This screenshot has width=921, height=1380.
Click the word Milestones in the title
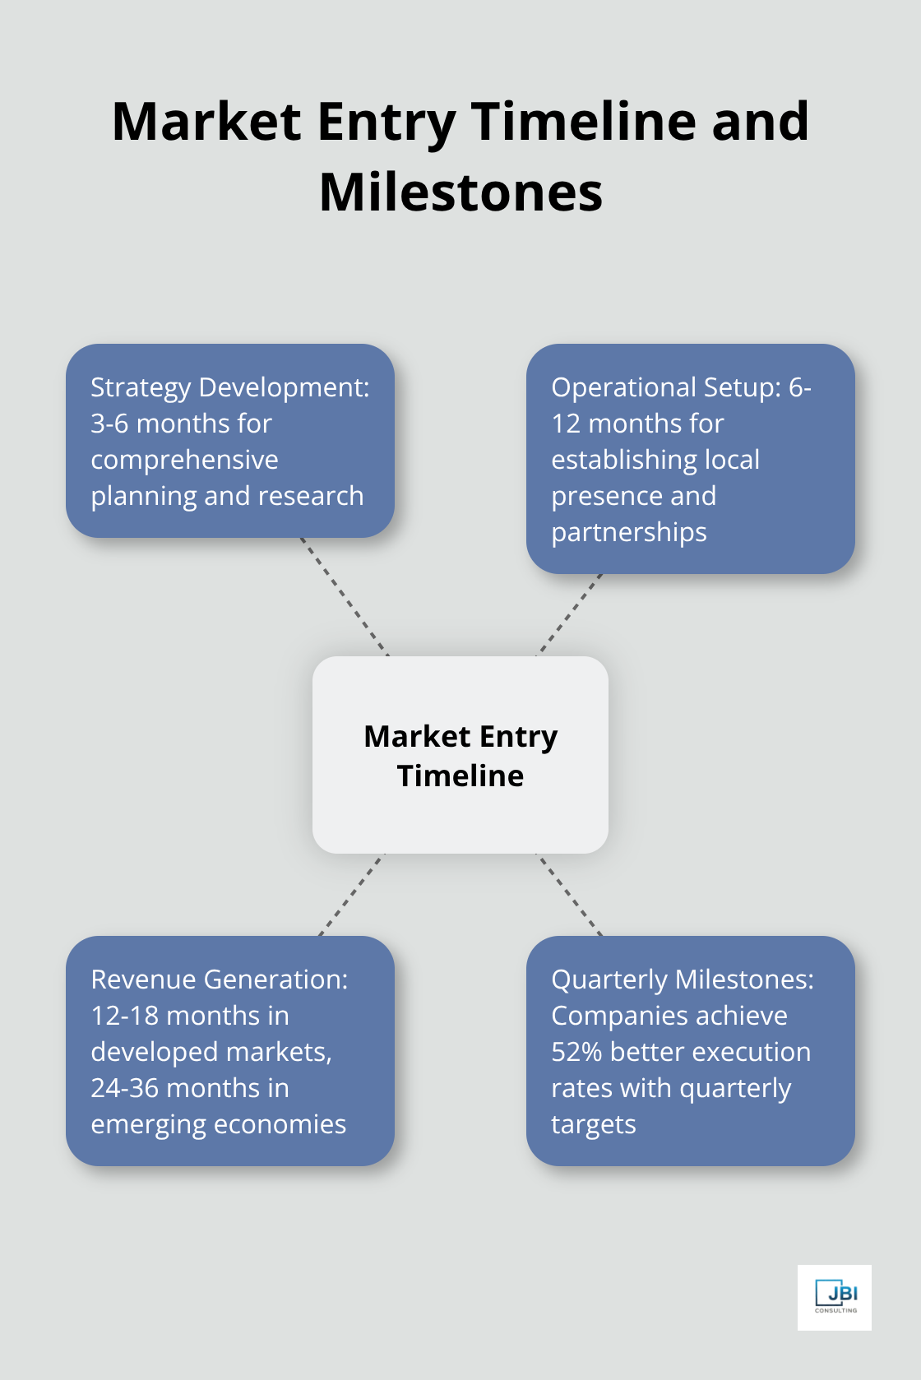click(460, 192)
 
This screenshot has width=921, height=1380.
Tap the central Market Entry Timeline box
click(460, 755)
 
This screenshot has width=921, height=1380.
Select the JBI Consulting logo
click(835, 1297)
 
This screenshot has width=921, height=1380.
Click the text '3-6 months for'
click(181, 424)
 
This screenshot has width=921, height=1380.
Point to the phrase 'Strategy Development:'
click(229, 387)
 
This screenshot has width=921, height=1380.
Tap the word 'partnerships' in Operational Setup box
click(629, 532)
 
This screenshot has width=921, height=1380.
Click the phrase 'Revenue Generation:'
click(219, 979)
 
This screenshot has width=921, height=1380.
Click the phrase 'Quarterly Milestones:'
click(682, 979)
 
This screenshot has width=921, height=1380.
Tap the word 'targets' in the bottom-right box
click(593, 1124)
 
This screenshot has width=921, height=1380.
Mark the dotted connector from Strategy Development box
click(344, 596)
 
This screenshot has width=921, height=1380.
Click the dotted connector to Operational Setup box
click(570, 614)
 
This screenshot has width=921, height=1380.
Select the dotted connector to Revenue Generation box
click(351, 895)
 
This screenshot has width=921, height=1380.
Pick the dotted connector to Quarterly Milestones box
click(569, 895)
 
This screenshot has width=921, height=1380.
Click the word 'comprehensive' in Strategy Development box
click(184, 460)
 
